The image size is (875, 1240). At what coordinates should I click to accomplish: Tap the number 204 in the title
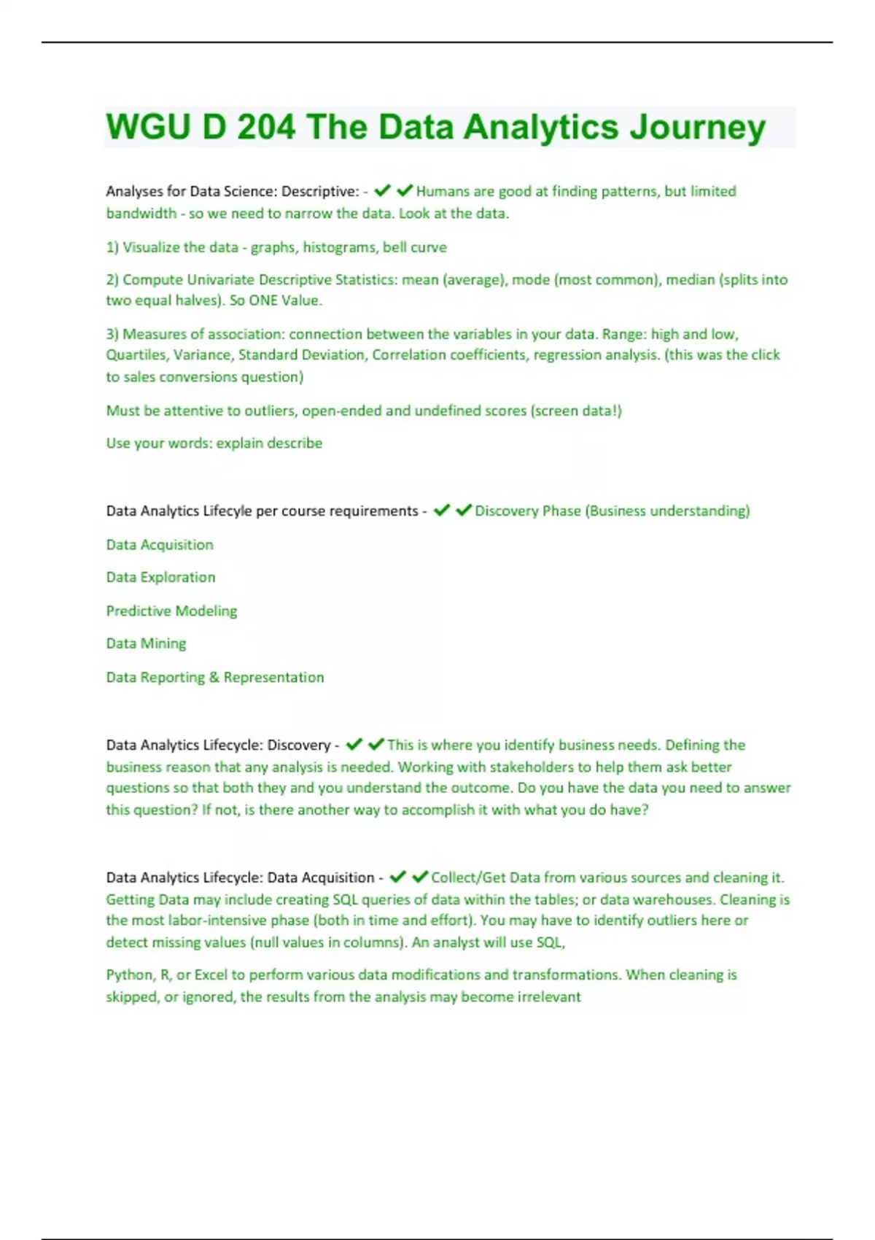pyautogui.click(x=266, y=127)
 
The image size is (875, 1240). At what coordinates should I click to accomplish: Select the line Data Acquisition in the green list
pyautogui.click(x=160, y=545)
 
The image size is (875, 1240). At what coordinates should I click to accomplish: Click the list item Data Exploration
pyautogui.click(x=160, y=577)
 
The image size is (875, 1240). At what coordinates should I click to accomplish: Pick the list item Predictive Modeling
pyautogui.click(x=171, y=611)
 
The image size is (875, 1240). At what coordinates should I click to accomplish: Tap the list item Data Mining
pyautogui.click(x=146, y=643)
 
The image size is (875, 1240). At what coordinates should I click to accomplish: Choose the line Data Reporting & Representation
pyautogui.click(x=215, y=677)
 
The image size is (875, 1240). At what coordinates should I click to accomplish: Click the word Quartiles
pyautogui.click(x=136, y=355)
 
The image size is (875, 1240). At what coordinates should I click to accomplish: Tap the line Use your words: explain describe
pyautogui.click(x=214, y=443)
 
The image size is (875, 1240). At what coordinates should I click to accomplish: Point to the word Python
pyautogui.click(x=128, y=975)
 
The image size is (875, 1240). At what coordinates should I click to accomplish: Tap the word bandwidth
pyautogui.click(x=141, y=214)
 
